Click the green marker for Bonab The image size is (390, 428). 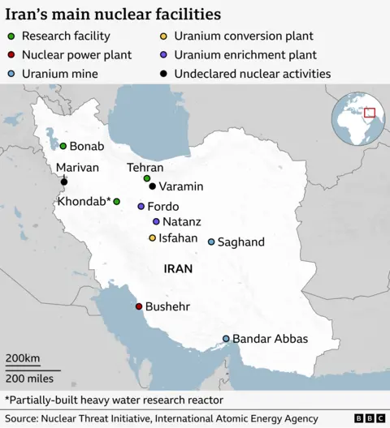pos(63,146)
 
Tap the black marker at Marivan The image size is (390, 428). pos(64,182)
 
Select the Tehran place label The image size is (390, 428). pos(145,167)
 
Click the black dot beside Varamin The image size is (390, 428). pos(152,186)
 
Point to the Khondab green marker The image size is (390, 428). pos(116,201)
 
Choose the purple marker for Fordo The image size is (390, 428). pos(141,207)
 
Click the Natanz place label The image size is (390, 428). pos(181,221)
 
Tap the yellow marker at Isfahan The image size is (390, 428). pos(152,238)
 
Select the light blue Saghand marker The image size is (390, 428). pos(211,242)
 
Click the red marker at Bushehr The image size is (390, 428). pos(138,306)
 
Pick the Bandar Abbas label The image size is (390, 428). pos(270,339)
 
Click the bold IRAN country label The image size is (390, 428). pos(178,268)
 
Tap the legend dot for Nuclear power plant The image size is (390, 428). pos(9,55)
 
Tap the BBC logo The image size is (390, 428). pos(369,418)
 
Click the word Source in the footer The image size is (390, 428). pos(24,418)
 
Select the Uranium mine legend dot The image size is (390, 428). pos(9,74)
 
